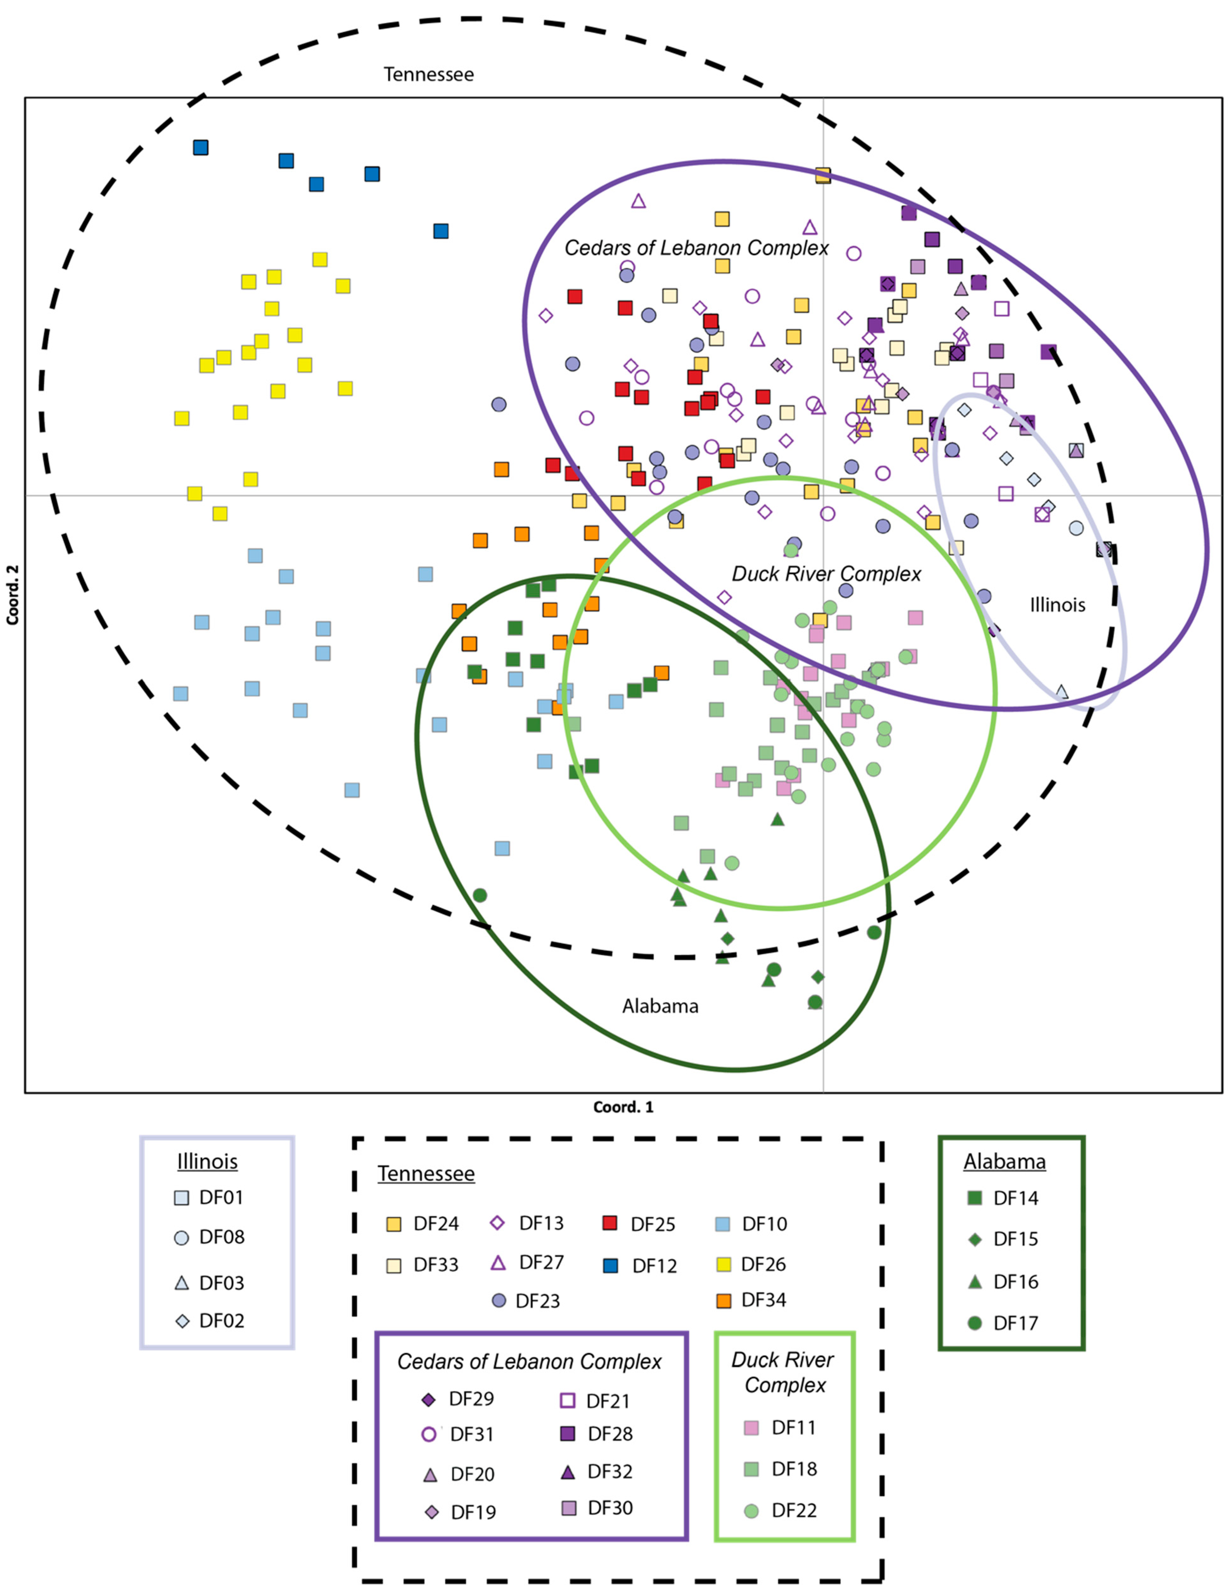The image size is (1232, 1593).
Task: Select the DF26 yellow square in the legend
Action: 724,1264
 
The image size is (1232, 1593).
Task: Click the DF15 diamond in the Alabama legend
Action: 974,1239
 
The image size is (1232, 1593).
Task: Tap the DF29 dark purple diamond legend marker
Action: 429,1399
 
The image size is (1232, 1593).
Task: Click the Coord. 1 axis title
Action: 623,1107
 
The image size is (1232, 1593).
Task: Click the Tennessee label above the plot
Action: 429,74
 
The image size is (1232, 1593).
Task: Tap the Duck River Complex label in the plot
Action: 827,574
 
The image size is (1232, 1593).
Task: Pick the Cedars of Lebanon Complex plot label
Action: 697,248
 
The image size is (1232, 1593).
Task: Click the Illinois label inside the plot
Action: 1057,605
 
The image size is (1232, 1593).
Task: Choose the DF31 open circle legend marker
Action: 429,1434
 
